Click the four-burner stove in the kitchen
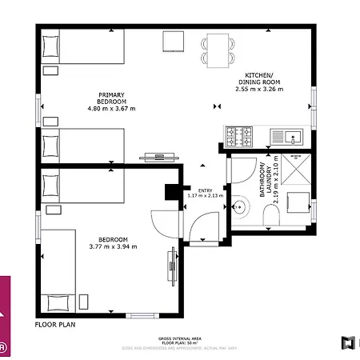point(238,136)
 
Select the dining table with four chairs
point(219,47)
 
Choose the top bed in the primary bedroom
point(82,47)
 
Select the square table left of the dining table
point(174,42)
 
